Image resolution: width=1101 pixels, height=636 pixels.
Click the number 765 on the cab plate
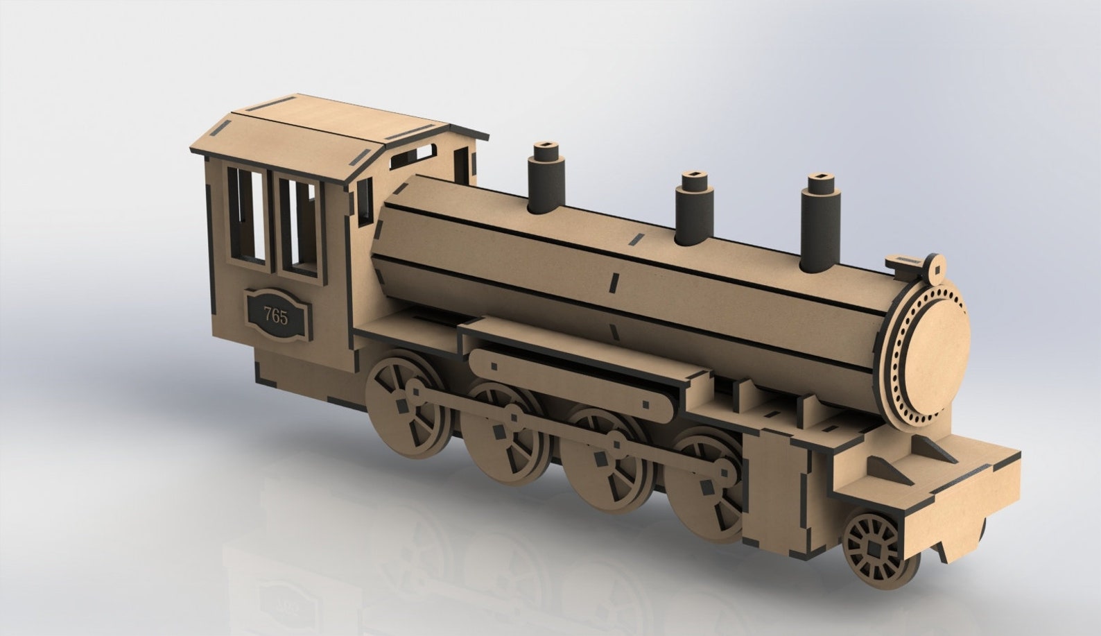pyautogui.click(x=275, y=317)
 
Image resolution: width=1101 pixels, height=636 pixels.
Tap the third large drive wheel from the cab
pyautogui.click(x=603, y=465)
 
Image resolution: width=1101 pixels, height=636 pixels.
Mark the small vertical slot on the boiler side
pyautogui.click(x=613, y=281)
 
